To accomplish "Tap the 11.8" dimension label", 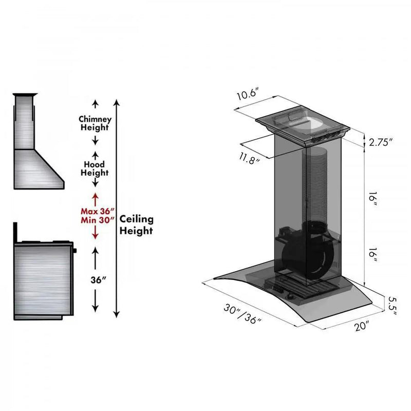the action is (249, 158).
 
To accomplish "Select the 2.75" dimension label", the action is (381, 142).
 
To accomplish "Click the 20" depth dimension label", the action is (362, 326).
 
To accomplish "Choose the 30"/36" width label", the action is (242, 314).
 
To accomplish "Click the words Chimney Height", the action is (95, 123).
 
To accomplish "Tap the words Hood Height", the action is (95, 169).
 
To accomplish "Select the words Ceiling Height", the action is (136, 225).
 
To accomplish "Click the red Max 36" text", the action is (98, 211).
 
